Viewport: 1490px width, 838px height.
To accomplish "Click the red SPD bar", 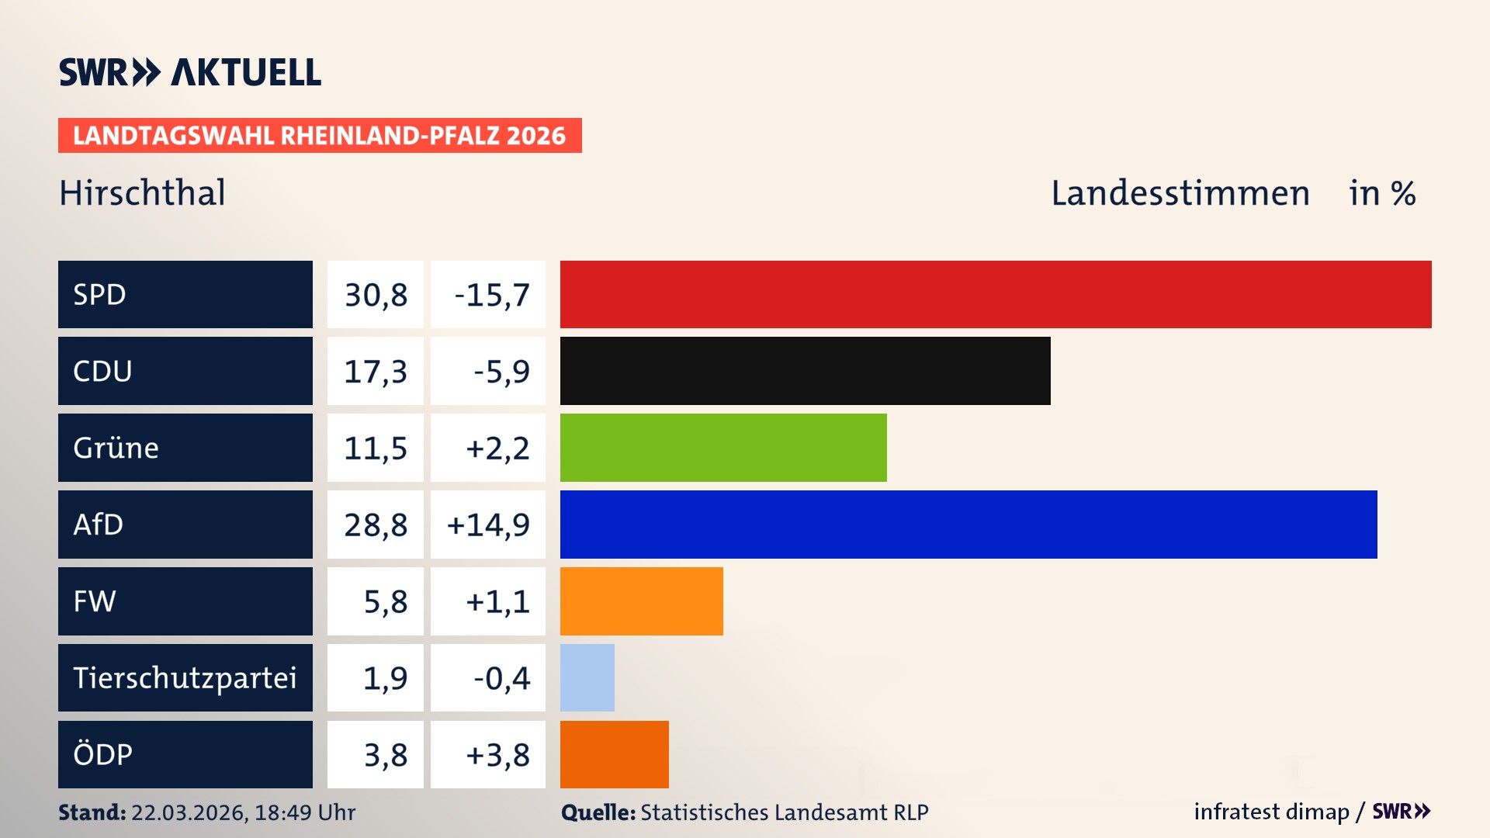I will [x=995, y=294].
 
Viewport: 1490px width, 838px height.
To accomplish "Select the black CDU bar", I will [x=805, y=371].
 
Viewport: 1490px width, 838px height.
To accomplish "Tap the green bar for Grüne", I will [x=722, y=448].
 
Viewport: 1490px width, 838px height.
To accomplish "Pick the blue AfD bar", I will [x=968, y=525].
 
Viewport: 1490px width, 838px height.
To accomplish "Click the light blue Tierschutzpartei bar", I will [x=587, y=677].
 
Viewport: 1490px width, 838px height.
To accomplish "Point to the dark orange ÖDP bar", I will [x=614, y=754].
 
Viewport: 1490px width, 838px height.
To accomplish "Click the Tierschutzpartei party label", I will [x=185, y=677].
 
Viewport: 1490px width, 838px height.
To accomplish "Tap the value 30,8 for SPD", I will [x=376, y=295].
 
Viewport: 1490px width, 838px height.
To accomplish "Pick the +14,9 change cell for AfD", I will [x=488, y=525].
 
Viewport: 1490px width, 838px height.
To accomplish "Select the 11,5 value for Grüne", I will [x=376, y=448].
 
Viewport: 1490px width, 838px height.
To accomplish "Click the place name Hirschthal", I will [x=142, y=193].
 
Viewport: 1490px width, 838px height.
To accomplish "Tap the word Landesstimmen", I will [x=1180, y=193].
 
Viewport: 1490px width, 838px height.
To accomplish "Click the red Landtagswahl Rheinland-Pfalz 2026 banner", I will [x=319, y=136].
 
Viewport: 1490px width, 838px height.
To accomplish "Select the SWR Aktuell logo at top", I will [x=190, y=72].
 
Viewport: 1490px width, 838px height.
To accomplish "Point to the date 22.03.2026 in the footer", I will [x=189, y=812].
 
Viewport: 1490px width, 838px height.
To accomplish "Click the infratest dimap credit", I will [x=1270, y=812].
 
